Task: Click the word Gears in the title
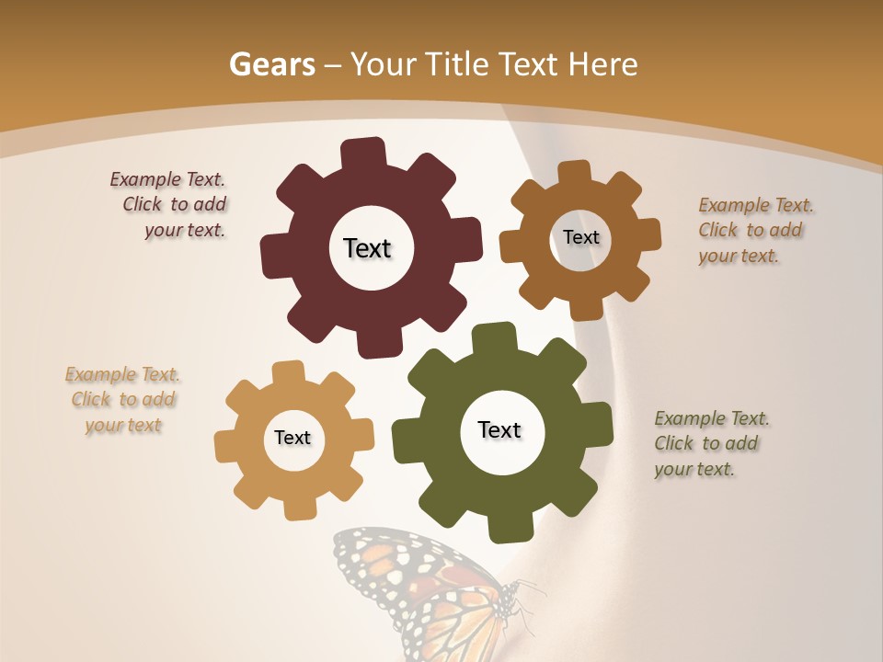(x=272, y=64)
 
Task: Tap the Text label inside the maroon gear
(x=367, y=248)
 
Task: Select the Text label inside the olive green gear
(x=499, y=430)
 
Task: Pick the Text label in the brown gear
(x=580, y=237)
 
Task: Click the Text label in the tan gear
(x=292, y=439)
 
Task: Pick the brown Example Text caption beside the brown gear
(x=754, y=230)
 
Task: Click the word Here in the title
(x=603, y=64)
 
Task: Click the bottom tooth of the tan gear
(x=297, y=508)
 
